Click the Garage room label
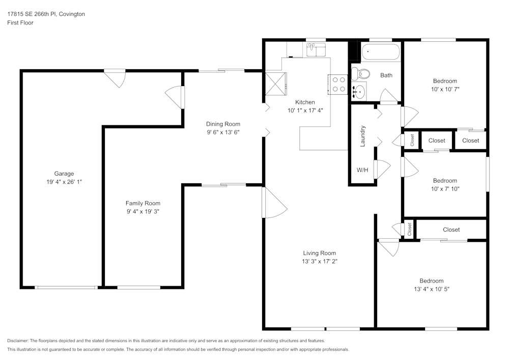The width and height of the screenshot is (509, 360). click(x=64, y=174)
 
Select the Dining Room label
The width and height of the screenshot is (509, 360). click(x=223, y=124)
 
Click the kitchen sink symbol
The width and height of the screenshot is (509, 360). click(x=316, y=49)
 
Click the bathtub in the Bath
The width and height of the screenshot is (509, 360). click(x=381, y=52)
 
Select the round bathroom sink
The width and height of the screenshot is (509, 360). click(x=359, y=92)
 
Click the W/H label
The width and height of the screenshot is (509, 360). click(x=362, y=170)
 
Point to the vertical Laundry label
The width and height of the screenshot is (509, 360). click(x=363, y=136)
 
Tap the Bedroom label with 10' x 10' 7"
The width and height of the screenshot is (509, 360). click(x=445, y=81)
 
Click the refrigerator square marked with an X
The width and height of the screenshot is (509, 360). click(x=275, y=84)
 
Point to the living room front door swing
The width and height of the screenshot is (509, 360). click(x=274, y=204)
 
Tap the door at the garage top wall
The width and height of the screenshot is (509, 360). click(x=115, y=77)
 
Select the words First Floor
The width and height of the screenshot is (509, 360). click(x=20, y=23)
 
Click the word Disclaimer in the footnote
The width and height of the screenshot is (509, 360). click(x=18, y=341)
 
